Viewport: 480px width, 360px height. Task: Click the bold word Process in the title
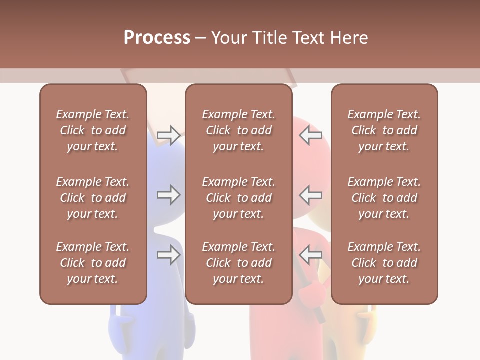coord(157,37)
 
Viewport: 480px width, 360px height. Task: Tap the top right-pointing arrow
coord(168,135)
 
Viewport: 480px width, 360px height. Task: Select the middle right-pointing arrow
coord(168,195)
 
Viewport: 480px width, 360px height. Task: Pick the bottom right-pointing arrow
coord(168,255)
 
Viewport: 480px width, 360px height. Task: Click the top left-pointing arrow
coord(311,135)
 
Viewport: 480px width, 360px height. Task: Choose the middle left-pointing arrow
coord(311,195)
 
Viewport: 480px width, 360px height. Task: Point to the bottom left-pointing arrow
coord(311,255)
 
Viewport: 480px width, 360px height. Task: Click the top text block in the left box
coord(93,130)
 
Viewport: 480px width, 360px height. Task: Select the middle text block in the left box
coord(93,198)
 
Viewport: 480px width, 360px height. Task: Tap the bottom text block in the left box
coord(93,263)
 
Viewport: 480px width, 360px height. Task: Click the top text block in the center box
coord(238,130)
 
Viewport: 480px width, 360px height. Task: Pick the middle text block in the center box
coord(238,198)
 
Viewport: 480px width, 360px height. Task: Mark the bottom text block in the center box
coord(238,263)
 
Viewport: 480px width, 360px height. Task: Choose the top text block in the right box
coord(384,130)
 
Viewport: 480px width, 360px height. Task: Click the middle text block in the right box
coord(384,198)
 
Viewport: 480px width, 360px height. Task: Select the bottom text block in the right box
coord(384,263)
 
